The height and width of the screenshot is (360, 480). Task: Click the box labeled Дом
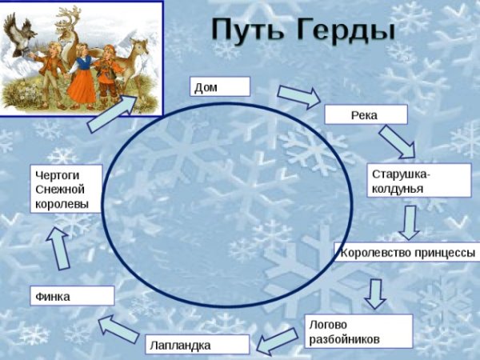[x=219, y=87]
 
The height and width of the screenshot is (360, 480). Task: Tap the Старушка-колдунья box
[x=407, y=181]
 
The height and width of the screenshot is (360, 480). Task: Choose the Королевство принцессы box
[x=407, y=254]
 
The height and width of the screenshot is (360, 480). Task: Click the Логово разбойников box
[x=358, y=331]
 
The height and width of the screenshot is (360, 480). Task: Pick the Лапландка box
[x=195, y=346]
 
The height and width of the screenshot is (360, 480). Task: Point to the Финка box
[x=71, y=296]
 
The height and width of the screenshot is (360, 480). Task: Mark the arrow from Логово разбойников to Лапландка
[x=278, y=340]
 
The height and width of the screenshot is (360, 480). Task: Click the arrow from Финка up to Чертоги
[x=56, y=248]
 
